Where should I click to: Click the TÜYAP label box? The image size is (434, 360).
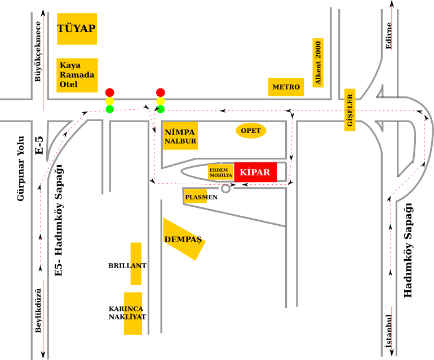tap(77, 29)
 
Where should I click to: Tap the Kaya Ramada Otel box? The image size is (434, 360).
tap(77, 75)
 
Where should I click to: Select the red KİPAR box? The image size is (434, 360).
tap(255, 172)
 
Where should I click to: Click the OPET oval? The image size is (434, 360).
tap(251, 131)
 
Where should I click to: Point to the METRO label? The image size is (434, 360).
tap(286, 87)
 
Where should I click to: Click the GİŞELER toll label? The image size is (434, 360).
tap(350, 110)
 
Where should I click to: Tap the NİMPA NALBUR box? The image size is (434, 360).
tap(180, 136)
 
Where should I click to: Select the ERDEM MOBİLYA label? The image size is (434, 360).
tap(220, 172)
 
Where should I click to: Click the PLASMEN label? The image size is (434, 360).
tap(201, 197)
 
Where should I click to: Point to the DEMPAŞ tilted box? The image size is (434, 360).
tap(183, 239)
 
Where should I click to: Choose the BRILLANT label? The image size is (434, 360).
tap(128, 265)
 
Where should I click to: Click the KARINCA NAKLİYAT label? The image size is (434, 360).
tap(128, 313)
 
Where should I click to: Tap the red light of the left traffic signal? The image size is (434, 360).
tap(109, 92)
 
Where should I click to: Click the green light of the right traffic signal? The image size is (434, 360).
tap(161, 109)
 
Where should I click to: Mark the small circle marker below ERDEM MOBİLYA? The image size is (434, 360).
tap(226, 188)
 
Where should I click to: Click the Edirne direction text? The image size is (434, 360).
tap(388, 35)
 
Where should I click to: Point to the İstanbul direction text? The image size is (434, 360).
tap(388, 330)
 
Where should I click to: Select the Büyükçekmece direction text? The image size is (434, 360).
tap(38, 51)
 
